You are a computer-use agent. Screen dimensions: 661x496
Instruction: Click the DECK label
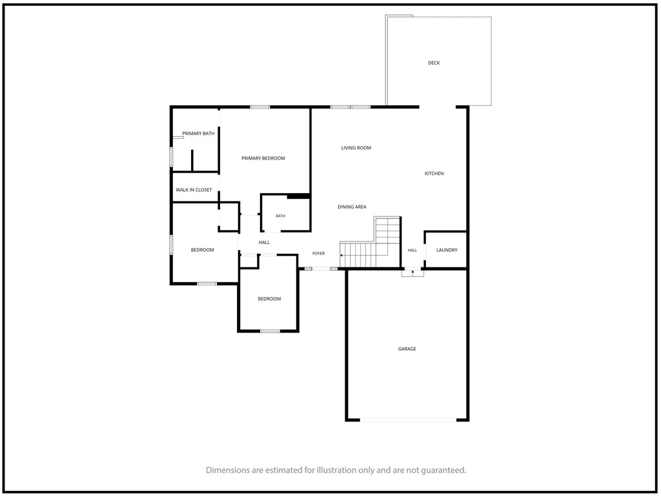(x=434, y=63)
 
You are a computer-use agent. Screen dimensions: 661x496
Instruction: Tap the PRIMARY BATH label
(x=198, y=133)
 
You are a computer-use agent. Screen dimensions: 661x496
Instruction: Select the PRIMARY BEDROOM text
(x=263, y=158)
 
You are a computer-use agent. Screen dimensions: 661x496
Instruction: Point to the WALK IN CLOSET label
(x=194, y=190)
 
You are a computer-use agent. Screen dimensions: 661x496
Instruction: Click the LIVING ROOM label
(x=356, y=148)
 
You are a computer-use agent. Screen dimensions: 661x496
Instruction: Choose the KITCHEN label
(x=434, y=173)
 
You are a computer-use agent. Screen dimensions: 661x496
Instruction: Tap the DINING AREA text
(x=352, y=207)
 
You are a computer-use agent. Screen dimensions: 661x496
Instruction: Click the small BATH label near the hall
(x=280, y=216)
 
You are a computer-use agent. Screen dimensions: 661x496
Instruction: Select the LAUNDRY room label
(x=447, y=250)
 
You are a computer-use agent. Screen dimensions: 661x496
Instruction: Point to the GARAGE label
(x=407, y=349)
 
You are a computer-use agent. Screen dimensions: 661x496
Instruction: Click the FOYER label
(x=319, y=253)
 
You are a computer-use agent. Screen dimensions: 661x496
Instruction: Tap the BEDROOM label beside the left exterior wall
(x=202, y=250)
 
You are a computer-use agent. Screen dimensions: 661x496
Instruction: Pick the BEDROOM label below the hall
(x=269, y=298)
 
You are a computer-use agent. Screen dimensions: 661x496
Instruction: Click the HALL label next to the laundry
(x=412, y=251)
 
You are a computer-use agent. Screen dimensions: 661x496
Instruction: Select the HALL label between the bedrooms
(x=264, y=243)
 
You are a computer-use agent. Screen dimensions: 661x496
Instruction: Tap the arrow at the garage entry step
(x=412, y=273)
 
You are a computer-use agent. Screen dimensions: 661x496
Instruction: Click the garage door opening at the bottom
(x=408, y=420)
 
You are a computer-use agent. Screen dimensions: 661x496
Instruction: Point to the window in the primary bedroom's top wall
(x=260, y=107)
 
